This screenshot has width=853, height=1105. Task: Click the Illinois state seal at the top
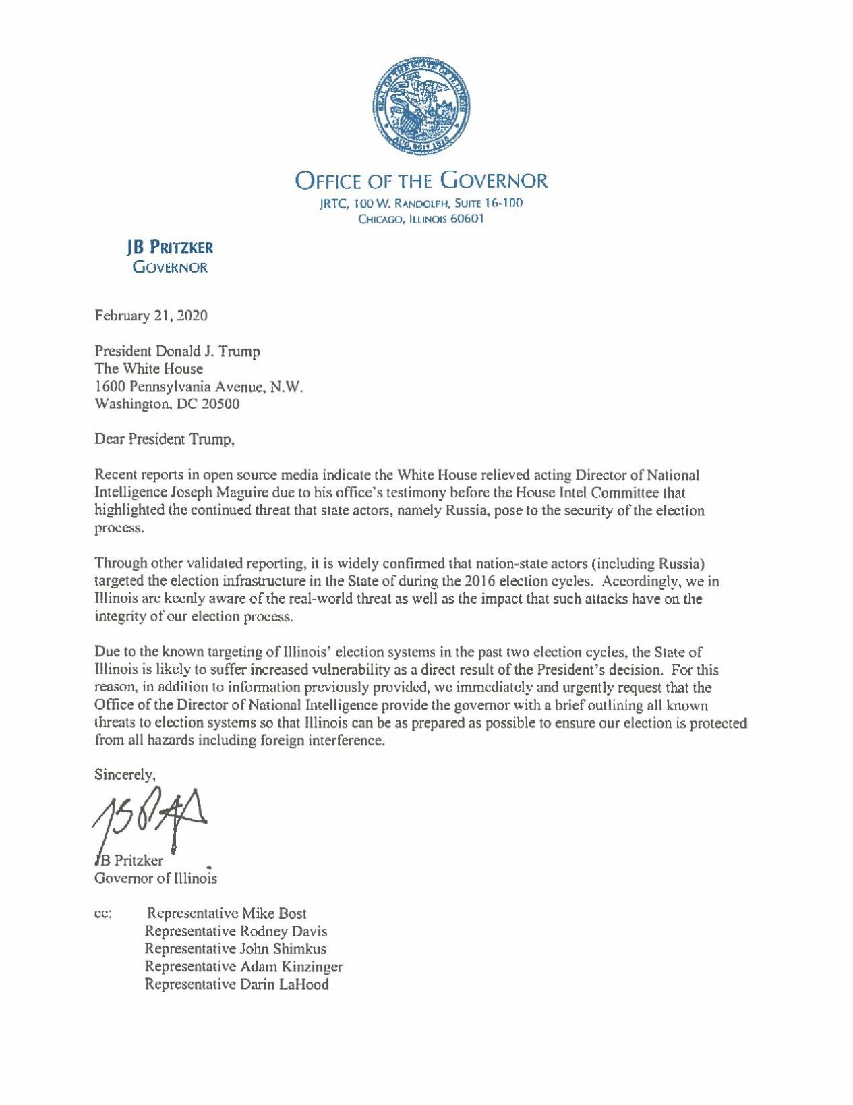[x=421, y=107]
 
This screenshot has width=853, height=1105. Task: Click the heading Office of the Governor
[x=421, y=181]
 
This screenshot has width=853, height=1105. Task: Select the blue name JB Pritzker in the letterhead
[x=170, y=248]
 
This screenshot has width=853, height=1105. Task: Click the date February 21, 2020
[x=151, y=316]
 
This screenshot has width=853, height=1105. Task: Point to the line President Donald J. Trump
[x=177, y=351]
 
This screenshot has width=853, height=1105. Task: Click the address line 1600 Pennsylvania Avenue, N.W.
[x=199, y=387]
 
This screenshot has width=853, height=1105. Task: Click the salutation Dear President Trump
[x=165, y=440]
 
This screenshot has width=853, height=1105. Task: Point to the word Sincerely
[x=125, y=774]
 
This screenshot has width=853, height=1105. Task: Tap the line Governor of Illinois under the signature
[x=156, y=878]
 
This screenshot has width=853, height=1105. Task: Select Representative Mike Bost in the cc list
[x=227, y=913]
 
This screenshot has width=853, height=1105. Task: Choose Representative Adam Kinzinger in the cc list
[x=243, y=967]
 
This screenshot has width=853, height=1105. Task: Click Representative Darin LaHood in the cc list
[x=237, y=984]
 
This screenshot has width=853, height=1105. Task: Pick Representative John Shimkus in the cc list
[x=235, y=949]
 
